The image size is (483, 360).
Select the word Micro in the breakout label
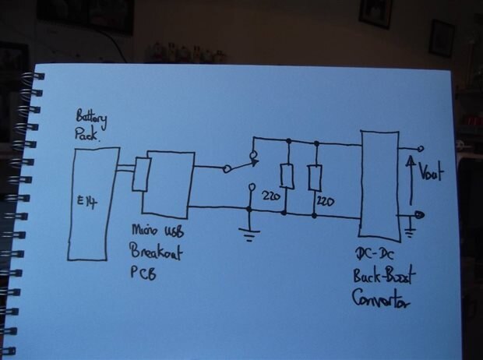(x=144, y=232)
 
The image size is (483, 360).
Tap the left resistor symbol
(x=287, y=177)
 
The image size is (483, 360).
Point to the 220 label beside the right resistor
(x=326, y=202)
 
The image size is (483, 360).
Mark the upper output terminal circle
(x=421, y=148)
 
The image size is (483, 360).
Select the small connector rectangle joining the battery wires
(x=140, y=174)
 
